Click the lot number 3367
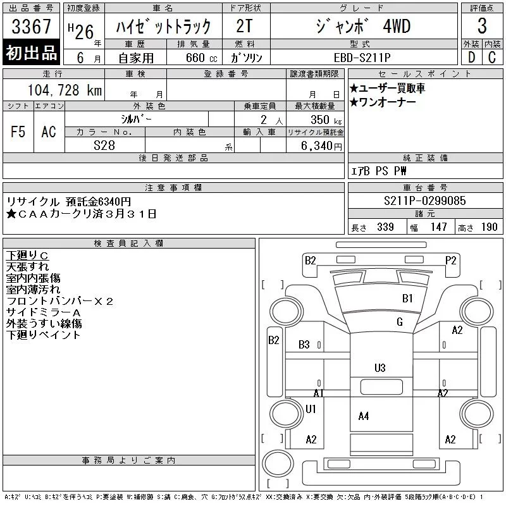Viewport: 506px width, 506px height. pos(31,27)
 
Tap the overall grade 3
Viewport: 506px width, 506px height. pos(482,26)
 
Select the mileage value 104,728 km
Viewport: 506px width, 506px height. pos(65,90)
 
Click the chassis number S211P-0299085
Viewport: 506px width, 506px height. pos(424,201)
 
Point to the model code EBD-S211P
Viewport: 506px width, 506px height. pos(362,58)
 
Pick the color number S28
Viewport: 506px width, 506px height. pos(104,145)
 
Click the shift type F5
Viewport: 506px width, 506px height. pos(18,132)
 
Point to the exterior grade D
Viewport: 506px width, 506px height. pos(471,58)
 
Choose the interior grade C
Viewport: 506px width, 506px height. pos(492,58)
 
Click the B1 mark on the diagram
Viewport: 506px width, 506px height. pos(407,298)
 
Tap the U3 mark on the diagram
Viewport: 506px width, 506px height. pos(380,368)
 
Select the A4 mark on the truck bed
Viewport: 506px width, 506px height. pos(363,416)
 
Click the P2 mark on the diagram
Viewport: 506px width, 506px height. pos(451,260)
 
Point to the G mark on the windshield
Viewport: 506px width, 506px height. pos(400,322)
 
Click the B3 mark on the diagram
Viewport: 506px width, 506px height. pos(304,345)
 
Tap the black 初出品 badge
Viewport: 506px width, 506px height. pos(31,52)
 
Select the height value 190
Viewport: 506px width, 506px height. pos(489,227)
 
